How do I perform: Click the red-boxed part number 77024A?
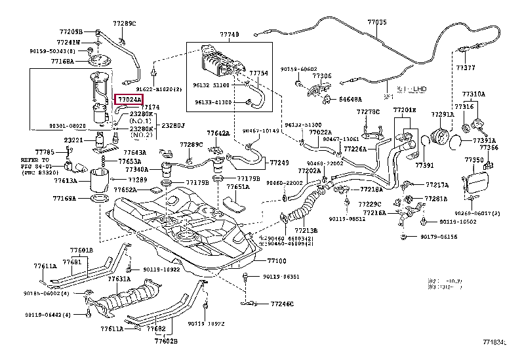coord(129,99)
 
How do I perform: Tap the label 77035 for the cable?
coord(377,22)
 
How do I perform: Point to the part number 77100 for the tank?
coord(277,260)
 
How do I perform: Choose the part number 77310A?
coord(473,94)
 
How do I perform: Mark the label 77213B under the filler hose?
coord(306,231)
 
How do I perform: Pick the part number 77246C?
coord(280,304)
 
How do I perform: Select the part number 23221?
coord(73,140)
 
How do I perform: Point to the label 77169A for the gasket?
coord(65,197)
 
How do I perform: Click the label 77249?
coord(279,161)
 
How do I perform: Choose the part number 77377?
coord(466,67)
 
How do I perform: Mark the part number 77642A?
coord(218,133)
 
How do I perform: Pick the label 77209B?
coord(71,31)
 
